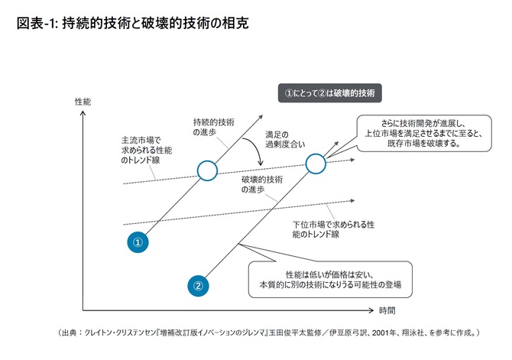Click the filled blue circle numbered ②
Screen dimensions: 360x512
197,286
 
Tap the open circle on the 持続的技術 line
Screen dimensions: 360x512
207,170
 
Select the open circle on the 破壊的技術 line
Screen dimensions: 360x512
315,163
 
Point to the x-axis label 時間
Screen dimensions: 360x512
387,310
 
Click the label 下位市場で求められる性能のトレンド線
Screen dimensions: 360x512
333,229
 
